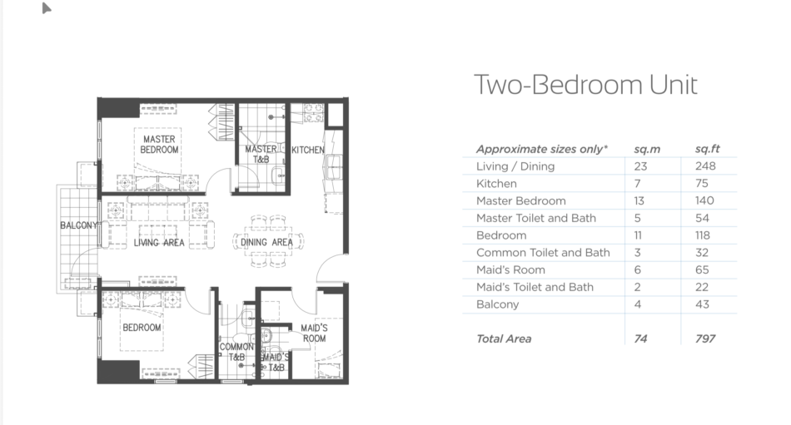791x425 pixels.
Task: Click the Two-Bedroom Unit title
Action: (585, 85)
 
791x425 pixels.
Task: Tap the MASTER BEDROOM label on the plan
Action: (159, 144)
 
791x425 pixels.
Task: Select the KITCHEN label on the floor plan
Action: (308, 150)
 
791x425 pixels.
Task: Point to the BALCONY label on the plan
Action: (79, 225)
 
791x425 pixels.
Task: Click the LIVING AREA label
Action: (159, 243)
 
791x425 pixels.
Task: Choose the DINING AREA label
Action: (266, 243)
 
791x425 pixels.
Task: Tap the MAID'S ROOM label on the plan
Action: (314, 334)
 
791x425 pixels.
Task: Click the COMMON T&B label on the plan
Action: (236, 352)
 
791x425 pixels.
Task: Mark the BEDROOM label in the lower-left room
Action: (142, 328)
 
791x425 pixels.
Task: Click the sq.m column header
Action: (647, 149)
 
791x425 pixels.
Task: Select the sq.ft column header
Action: (707, 149)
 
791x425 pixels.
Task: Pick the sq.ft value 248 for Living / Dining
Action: (705, 166)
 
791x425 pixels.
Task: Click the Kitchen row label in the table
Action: (496, 184)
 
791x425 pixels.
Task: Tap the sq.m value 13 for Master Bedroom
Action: (639, 200)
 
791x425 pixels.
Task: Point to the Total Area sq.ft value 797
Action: (705, 339)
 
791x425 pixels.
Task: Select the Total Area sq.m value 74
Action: (640, 339)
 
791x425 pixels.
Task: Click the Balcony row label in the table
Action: (497, 304)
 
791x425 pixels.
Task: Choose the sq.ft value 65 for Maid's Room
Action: (702, 269)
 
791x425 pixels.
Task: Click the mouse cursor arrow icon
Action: (47, 8)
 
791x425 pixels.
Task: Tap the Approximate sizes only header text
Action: (542, 149)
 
